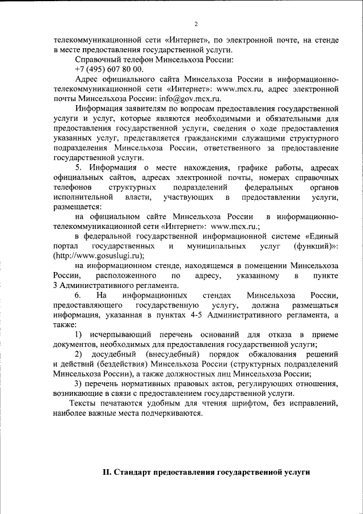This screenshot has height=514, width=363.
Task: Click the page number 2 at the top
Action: (x=196, y=24)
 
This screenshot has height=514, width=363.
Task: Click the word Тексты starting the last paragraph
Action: (x=83, y=403)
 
